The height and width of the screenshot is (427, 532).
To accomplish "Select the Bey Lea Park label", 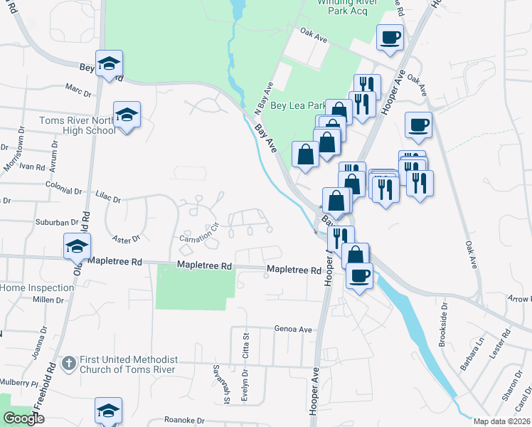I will (295, 105).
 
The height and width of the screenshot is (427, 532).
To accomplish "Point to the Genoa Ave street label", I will (294, 330).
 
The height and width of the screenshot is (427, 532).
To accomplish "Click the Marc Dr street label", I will (78, 93).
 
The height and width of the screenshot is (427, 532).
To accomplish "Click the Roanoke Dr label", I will (184, 420).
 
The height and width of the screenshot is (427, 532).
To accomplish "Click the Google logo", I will (24, 418).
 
